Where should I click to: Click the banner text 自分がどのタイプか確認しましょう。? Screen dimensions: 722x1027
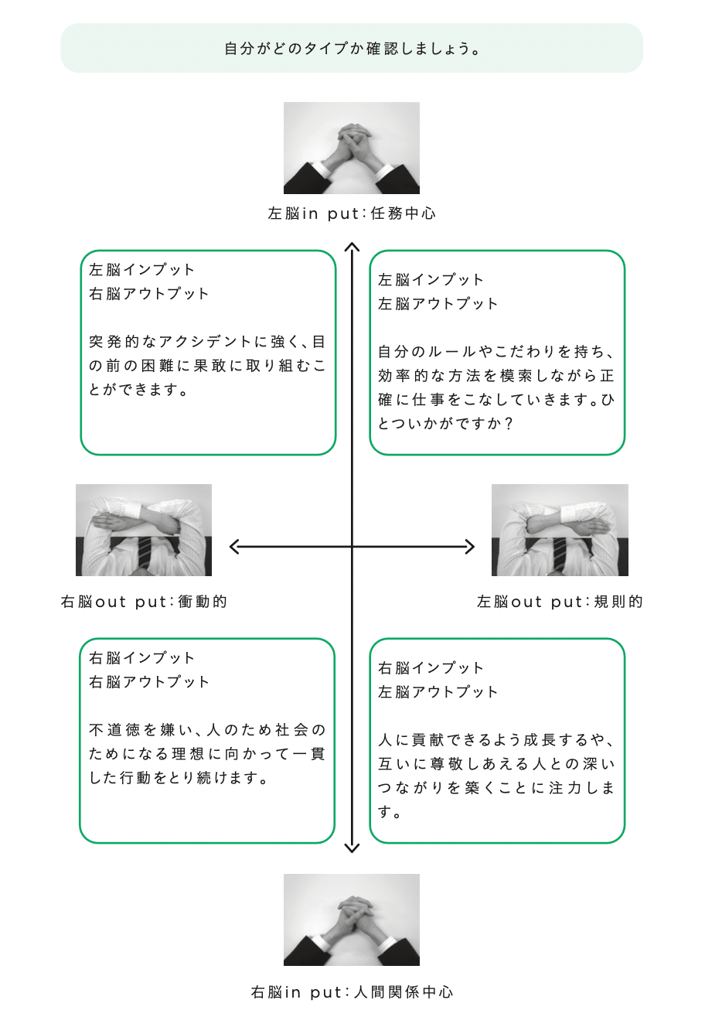click(352, 49)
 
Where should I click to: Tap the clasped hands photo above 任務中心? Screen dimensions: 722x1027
click(352, 148)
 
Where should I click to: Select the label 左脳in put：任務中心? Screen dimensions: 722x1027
click(352, 213)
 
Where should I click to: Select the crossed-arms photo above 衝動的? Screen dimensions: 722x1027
click(144, 530)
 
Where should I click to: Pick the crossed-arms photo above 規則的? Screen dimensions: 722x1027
click(560, 530)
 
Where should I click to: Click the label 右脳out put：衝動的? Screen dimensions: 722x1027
click(144, 602)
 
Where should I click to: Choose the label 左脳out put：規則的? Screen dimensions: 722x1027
click(560, 602)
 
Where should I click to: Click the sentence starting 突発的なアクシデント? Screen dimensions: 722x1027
click(207, 366)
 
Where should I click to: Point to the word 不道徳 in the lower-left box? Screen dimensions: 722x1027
click(114, 729)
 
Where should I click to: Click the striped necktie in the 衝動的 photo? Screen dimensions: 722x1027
click(144, 554)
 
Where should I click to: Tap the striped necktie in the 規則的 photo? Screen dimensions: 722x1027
click(560, 554)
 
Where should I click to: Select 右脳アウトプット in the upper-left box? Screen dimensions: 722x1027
click(149, 293)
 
